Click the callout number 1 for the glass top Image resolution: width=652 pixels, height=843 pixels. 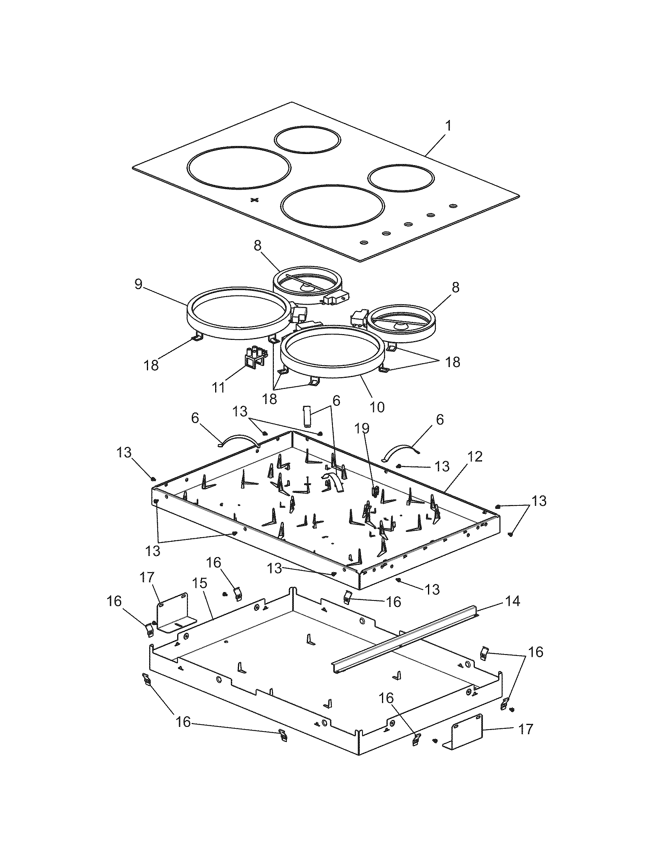[x=448, y=126]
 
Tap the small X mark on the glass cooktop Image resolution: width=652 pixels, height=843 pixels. [x=254, y=200]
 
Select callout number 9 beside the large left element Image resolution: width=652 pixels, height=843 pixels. [x=139, y=284]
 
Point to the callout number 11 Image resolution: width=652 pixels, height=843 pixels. [x=219, y=387]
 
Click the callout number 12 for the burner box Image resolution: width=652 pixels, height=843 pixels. [x=476, y=457]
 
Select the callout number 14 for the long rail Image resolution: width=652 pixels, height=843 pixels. [x=512, y=601]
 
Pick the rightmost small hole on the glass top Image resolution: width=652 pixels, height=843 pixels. [x=453, y=206]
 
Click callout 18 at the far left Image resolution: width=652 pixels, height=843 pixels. [x=152, y=364]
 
